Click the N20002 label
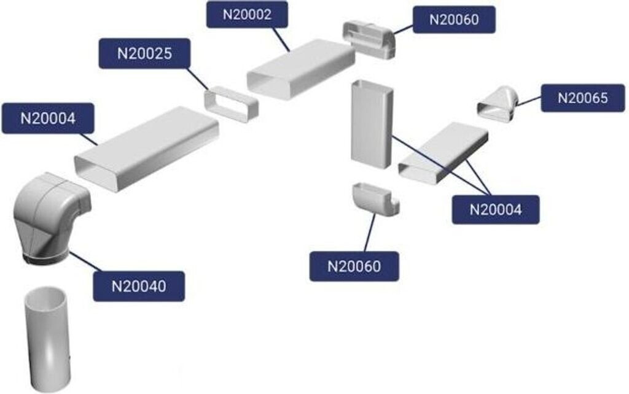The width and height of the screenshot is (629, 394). (247, 14)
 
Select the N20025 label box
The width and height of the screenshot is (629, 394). (144, 53)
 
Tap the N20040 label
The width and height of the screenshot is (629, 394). (139, 285)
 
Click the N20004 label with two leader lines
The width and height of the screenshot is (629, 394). (496, 209)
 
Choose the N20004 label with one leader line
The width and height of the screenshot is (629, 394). (48, 118)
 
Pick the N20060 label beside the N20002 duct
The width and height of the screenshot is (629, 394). (454, 18)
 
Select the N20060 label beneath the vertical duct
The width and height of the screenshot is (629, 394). (354, 266)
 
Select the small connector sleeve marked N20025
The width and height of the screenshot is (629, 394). (231, 104)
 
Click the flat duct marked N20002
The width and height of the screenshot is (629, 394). (301, 68)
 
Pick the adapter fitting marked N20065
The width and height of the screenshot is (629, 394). (498, 104)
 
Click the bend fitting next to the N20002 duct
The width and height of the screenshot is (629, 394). (369, 39)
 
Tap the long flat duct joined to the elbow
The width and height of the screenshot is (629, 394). (146, 148)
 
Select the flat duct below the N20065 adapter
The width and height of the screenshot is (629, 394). (443, 152)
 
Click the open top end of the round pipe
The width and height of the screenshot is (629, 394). (45, 296)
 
